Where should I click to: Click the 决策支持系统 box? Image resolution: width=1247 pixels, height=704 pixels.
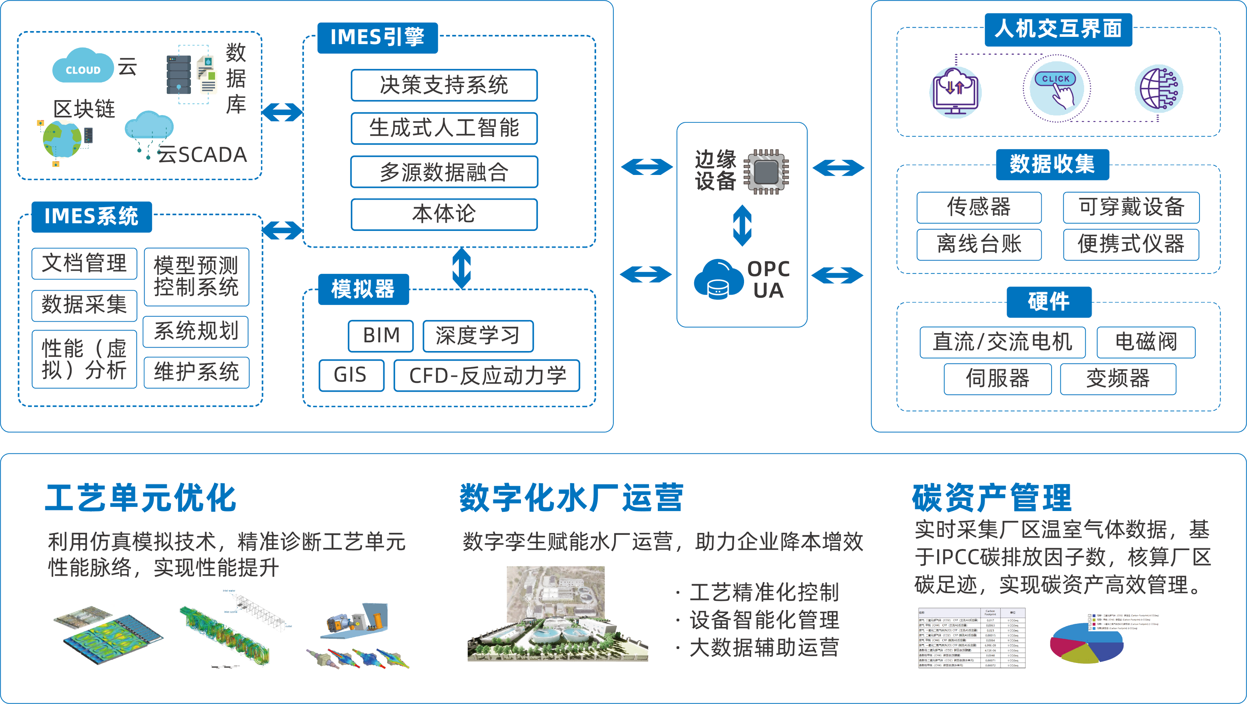444,85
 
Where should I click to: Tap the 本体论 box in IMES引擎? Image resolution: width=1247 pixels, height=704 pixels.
444,214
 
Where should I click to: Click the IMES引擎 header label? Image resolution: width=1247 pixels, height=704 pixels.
377,37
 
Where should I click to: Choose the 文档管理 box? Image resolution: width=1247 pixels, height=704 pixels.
84,264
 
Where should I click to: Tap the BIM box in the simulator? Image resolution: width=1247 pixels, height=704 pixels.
381,335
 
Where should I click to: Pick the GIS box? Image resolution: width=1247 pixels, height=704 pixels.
351,375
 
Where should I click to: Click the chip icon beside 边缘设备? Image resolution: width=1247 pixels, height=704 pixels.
766,171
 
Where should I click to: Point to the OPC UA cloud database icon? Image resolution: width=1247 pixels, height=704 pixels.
718,279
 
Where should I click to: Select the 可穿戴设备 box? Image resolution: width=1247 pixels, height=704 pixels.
1131,208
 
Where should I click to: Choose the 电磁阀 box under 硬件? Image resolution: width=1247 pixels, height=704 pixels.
1146,342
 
